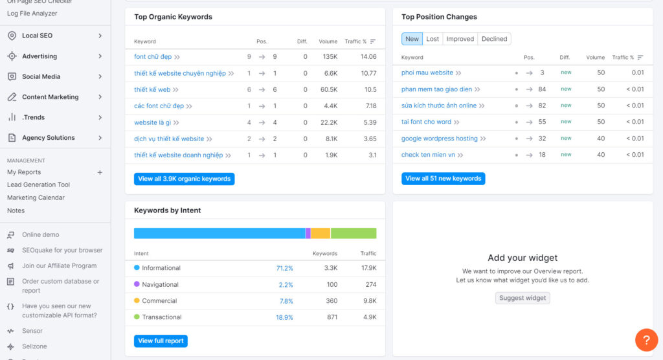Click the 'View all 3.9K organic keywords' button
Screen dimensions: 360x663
click(x=184, y=179)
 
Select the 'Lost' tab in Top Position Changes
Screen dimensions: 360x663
click(x=433, y=39)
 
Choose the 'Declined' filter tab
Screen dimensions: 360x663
click(x=494, y=39)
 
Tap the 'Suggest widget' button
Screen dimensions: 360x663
click(x=523, y=298)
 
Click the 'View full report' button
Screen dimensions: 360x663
click(x=161, y=341)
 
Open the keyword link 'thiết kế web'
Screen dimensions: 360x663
click(x=152, y=89)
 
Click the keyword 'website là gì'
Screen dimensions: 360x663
click(x=153, y=122)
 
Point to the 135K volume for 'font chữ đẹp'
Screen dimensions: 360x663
click(x=330, y=57)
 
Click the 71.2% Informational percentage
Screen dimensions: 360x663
click(x=284, y=268)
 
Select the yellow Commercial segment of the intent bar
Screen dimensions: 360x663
click(x=320, y=233)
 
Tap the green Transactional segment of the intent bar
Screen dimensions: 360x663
click(x=354, y=233)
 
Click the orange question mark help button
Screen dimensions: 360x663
click(x=646, y=340)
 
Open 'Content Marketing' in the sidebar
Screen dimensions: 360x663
click(x=50, y=97)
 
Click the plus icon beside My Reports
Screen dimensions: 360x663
click(x=100, y=172)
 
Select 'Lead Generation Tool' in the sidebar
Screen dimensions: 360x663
click(x=38, y=185)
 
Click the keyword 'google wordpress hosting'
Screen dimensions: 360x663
click(x=439, y=139)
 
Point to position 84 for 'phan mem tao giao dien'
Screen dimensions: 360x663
click(x=542, y=89)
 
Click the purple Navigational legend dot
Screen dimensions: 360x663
click(x=137, y=284)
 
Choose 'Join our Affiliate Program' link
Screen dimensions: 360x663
click(x=59, y=265)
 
